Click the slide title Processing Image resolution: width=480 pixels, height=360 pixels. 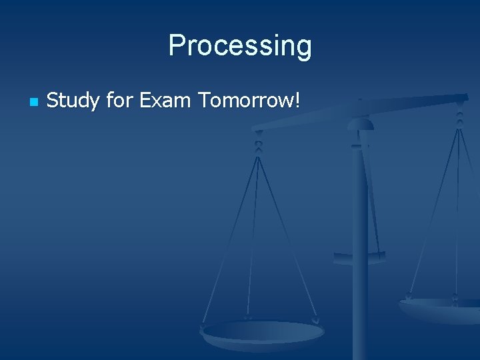(x=239, y=46)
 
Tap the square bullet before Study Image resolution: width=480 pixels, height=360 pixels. (x=33, y=103)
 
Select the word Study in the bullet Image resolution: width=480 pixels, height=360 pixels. (x=73, y=101)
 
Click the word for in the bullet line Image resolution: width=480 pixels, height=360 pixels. (x=119, y=101)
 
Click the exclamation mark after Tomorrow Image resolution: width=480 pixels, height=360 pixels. (x=298, y=101)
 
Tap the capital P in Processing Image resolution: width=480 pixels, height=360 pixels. (x=177, y=45)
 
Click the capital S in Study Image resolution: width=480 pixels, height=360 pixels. (x=53, y=101)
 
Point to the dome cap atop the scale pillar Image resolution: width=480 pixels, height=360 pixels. (x=360, y=123)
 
